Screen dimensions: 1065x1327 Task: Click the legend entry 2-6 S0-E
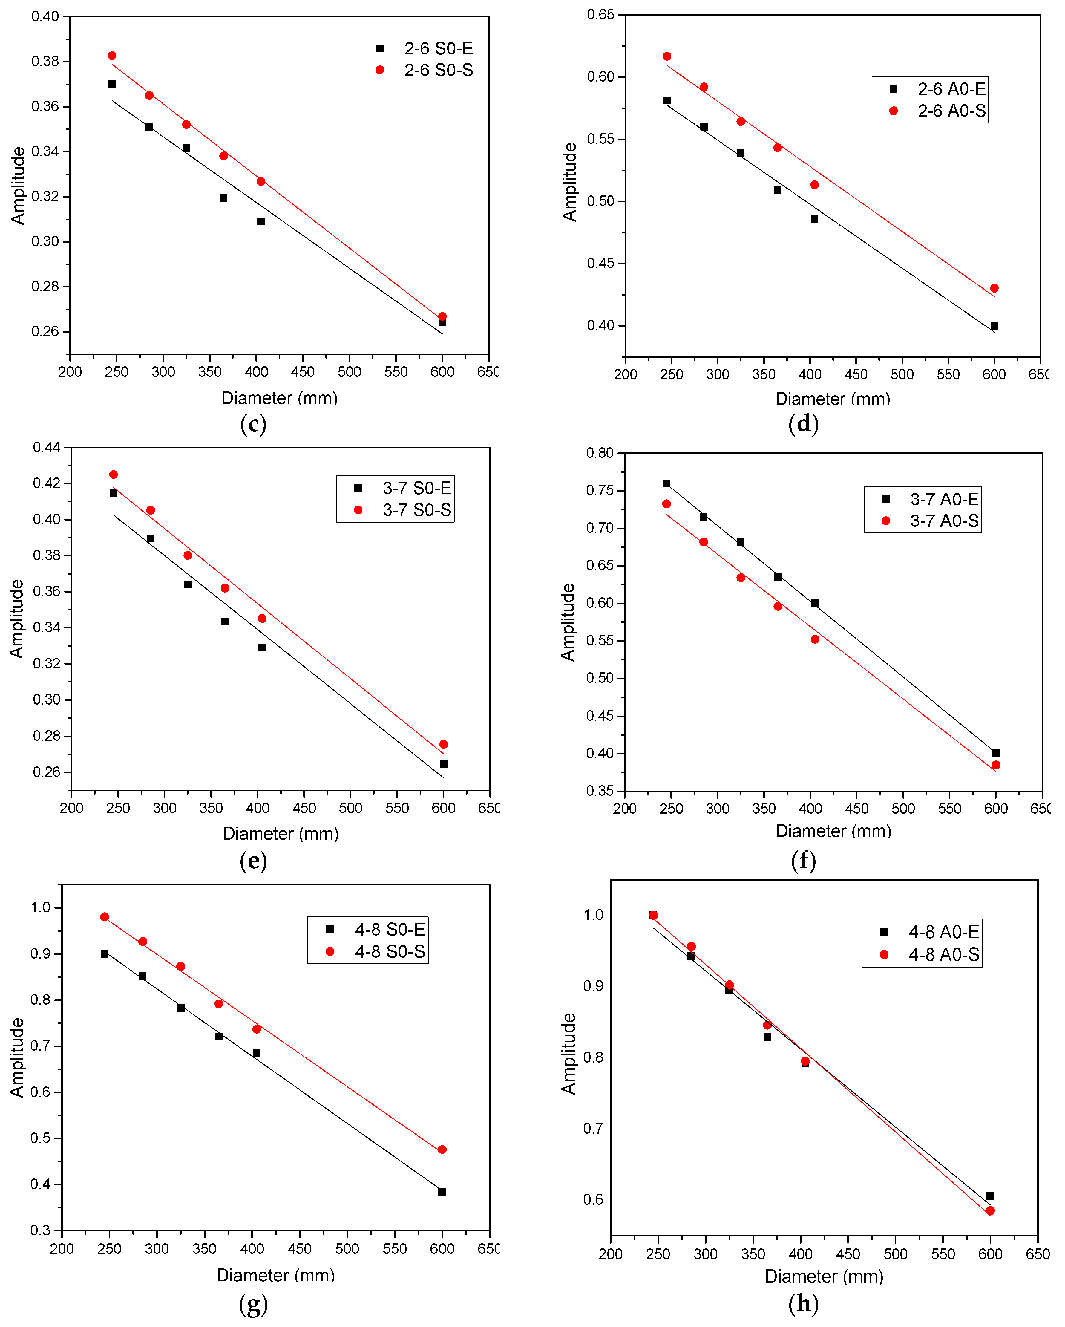425,48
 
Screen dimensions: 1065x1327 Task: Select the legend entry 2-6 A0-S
938,111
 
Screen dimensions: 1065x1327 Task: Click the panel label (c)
253,424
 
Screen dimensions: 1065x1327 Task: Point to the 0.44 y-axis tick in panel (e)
47,447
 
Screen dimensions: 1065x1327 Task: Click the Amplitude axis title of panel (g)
17,1057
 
